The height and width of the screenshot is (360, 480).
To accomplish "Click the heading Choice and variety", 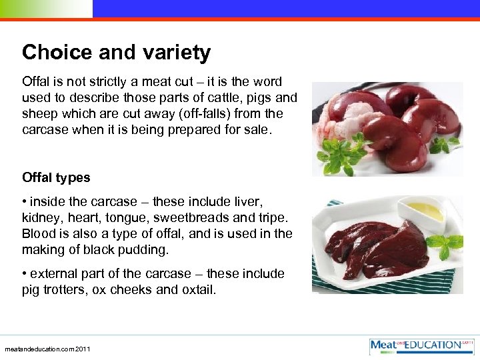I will (x=116, y=53).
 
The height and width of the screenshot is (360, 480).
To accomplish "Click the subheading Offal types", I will (x=56, y=177).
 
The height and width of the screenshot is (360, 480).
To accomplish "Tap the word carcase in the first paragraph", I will (x=45, y=129).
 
